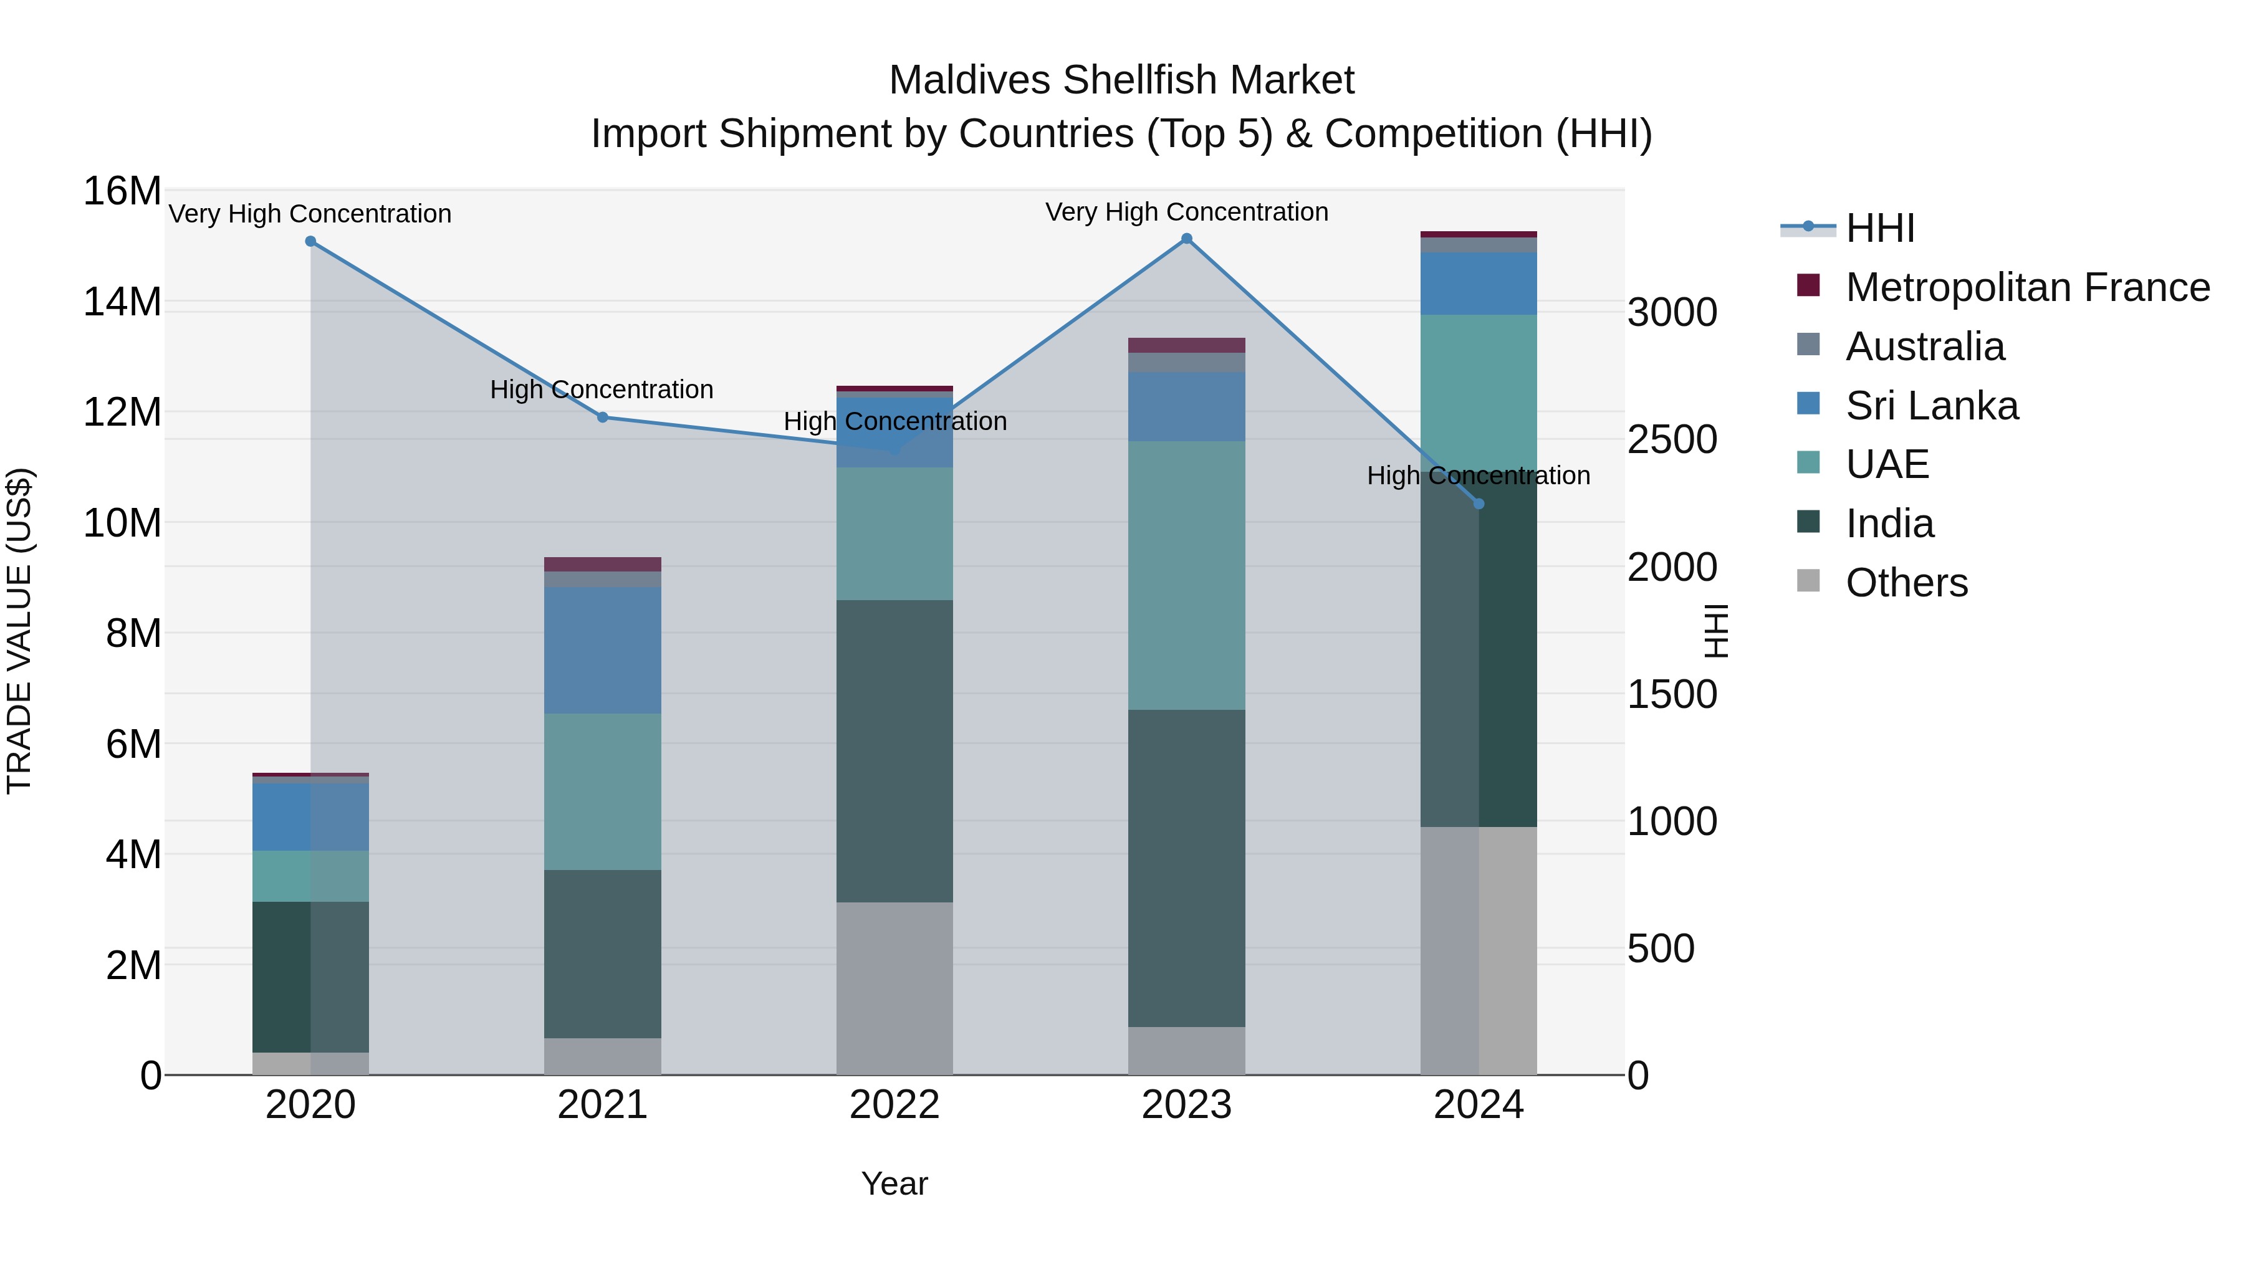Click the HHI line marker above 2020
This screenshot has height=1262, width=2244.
click(x=310, y=241)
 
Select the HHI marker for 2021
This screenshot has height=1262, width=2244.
click(x=602, y=417)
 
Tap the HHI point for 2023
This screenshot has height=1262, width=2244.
click(x=1186, y=238)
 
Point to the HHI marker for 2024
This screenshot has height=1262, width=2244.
click(x=1479, y=504)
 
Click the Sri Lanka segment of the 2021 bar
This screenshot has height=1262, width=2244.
click(x=602, y=650)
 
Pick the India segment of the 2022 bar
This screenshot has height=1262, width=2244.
click(x=894, y=751)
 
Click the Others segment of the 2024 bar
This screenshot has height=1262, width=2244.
click(x=1479, y=950)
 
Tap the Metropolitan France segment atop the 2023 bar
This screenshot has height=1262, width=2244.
click(x=1186, y=345)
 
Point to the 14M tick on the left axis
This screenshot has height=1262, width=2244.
click(x=122, y=302)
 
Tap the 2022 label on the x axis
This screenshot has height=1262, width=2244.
click(x=894, y=1105)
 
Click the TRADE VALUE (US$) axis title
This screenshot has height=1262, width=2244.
click(x=19, y=631)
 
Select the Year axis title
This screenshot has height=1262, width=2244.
click(x=894, y=1183)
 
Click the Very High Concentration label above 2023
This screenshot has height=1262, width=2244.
click(x=1186, y=212)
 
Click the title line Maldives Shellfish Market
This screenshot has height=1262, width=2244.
click(x=1121, y=80)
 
